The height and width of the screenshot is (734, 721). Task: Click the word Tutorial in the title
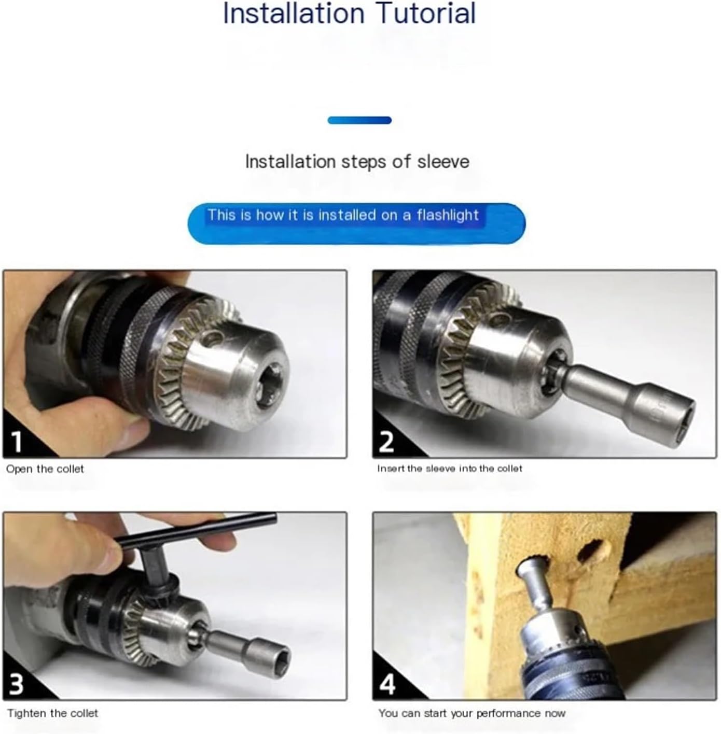point(427,13)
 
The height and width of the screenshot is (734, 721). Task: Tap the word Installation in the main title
point(294,13)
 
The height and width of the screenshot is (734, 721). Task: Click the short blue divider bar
point(359,120)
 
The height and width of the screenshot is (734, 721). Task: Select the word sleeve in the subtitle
point(443,162)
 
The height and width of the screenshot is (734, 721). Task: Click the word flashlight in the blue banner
point(447,215)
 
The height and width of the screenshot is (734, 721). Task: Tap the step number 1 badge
point(17,441)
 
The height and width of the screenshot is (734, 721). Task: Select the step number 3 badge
point(17,683)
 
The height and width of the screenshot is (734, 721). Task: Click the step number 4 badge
point(387,683)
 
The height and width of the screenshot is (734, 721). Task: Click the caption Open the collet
point(45,469)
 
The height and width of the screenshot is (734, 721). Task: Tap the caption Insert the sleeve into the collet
point(450,468)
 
